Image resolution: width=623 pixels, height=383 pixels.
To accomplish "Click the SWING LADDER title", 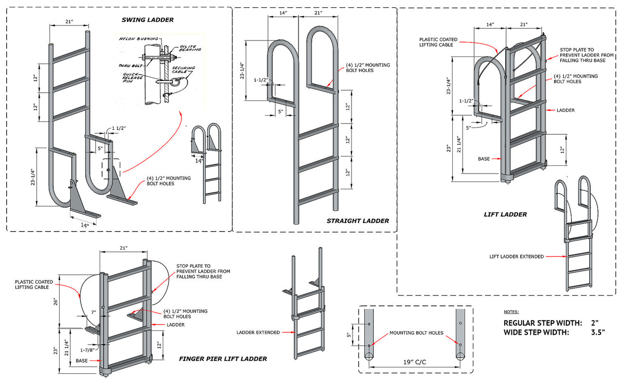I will [147, 20].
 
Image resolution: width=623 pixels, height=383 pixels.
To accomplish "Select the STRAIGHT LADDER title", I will [357, 221].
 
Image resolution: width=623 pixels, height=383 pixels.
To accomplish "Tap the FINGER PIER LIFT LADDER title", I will [223, 359].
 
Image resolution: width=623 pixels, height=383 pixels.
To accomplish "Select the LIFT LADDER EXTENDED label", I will [517, 256].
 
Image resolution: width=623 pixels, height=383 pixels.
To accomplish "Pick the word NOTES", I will [512, 312].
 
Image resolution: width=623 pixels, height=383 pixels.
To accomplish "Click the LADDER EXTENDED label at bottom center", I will [258, 333].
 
